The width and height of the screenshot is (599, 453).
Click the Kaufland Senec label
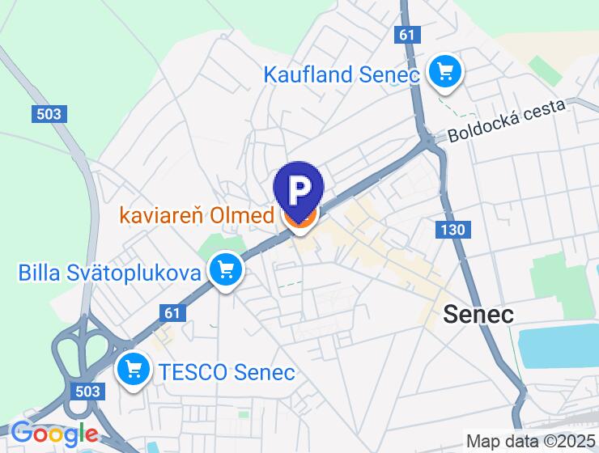coord(341,74)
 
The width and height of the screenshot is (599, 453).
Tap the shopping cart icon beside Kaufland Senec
coord(444,72)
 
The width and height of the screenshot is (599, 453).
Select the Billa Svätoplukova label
coord(109,273)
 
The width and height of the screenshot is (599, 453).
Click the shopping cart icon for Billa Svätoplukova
coord(225,270)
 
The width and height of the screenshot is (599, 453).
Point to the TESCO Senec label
coord(227,373)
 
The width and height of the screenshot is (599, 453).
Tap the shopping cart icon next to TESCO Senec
coord(133,370)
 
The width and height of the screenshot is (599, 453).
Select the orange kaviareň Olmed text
coord(197,216)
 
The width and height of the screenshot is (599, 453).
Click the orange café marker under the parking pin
coord(299,220)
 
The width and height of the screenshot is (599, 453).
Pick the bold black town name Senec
coord(478,314)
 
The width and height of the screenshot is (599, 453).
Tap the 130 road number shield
coord(453,230)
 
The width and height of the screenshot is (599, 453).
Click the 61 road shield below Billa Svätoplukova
coord(172,312)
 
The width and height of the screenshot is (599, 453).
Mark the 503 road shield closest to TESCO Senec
coord(91,392)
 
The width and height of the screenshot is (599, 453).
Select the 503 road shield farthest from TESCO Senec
coord(49,114)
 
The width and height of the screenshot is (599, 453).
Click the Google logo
coord(53,434)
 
